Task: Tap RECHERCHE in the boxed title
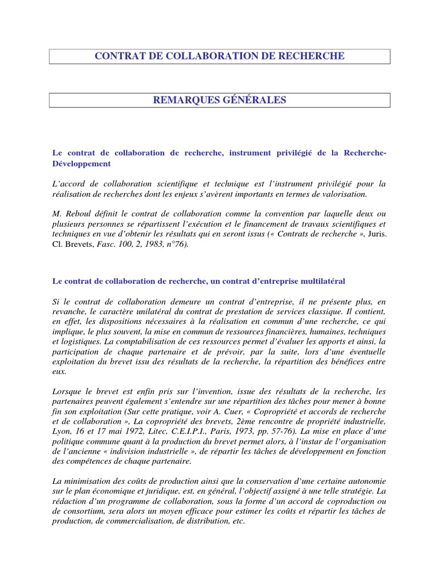[313, 56]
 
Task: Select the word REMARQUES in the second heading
[183, 101]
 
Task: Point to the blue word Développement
[81, 164]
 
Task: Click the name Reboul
[76, 213]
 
